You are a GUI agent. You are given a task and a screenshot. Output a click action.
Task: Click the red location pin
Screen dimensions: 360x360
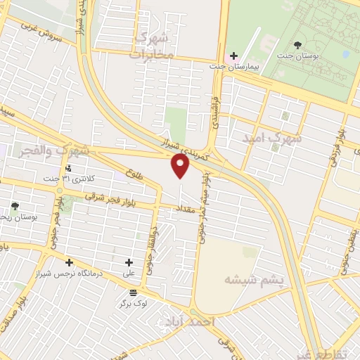[x=181, y=166]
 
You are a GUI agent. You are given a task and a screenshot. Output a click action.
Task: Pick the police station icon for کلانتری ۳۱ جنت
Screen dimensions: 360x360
[x=68, y=168]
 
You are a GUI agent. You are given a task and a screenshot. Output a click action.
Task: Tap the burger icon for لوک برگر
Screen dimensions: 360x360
[x=134, y=292]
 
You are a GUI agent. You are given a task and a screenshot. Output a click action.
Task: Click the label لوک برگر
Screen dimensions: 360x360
[x=133, y=304]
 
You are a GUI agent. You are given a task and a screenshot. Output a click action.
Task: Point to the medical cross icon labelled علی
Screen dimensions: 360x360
[x=128, y=262]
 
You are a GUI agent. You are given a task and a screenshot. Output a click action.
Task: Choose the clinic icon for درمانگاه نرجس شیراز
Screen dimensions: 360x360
[x=68, y=262]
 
